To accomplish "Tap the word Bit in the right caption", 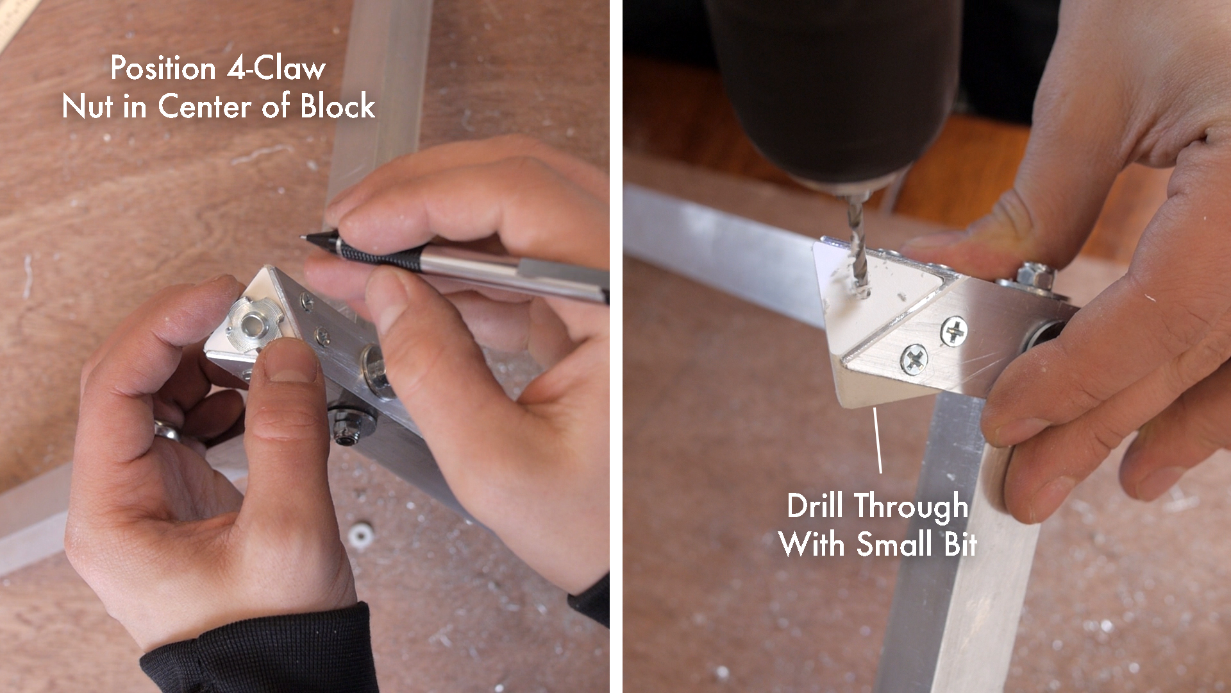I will point(958,545).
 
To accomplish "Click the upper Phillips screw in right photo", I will point(954,332).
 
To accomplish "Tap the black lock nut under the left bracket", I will point(346,427).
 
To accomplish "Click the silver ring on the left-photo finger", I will point(166,429).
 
